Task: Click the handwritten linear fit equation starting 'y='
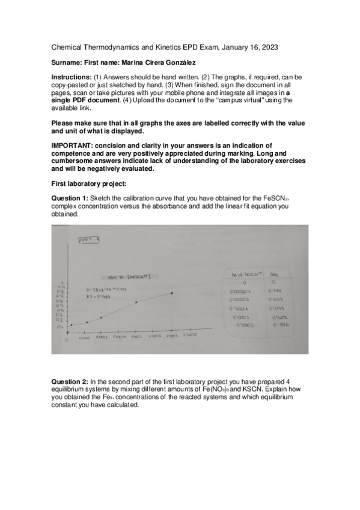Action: pyautogui.click(x=105, y=290)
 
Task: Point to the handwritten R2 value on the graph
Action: pyautogui.click(x=97, y=296)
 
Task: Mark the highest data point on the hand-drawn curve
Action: pyautogui.click(x=172, y=293)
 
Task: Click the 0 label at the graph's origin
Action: pyautogui.click(x=67, y=340)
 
